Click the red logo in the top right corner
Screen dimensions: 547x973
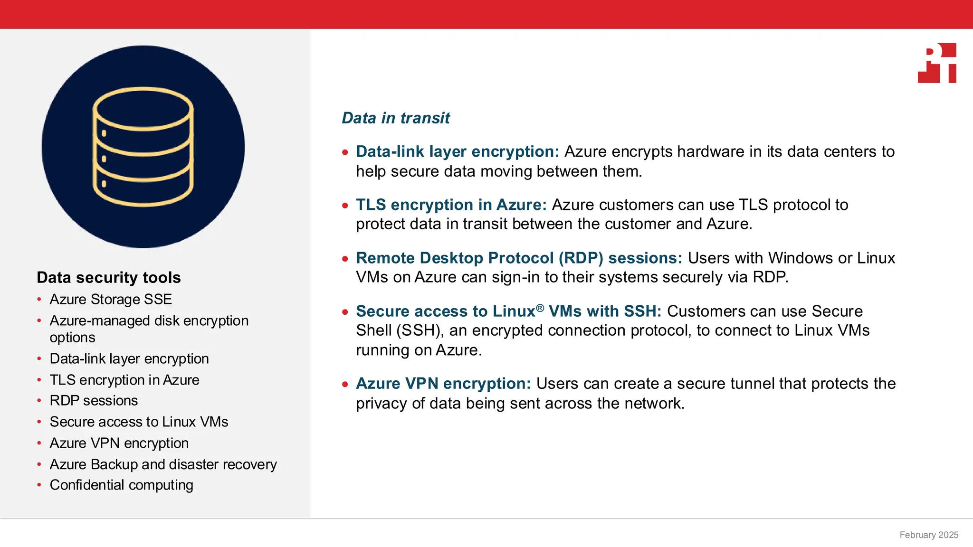pos(937,63)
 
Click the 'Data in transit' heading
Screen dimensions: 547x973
pos(395,118)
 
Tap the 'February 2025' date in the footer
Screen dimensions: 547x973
pos(928,535)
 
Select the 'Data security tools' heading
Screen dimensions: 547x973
pos(109,277)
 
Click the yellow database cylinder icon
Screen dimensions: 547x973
pos(143,147)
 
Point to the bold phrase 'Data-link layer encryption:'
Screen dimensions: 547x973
pos(458,151)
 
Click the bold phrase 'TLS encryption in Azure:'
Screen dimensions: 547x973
pos(451,205)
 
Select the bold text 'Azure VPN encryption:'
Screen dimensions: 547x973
pos(443,383)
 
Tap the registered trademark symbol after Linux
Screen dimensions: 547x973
pos(540,308)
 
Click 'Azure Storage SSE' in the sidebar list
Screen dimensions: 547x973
pos(111,299)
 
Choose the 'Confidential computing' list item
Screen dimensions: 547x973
pos(121,485)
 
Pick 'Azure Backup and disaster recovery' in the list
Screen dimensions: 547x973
pos(163,464)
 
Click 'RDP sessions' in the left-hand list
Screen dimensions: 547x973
pos(94,400)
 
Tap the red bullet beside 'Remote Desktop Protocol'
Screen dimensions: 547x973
pos(345,259)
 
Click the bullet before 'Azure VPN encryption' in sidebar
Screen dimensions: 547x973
pos(39,443)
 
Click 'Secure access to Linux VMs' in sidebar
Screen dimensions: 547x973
pos(139,422)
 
